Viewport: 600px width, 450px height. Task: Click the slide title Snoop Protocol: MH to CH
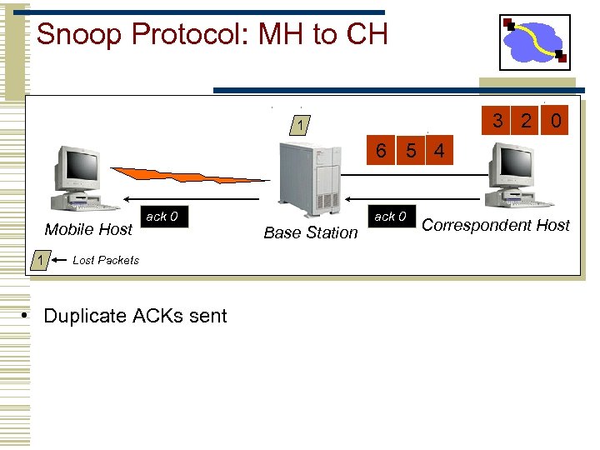tap(212, 35)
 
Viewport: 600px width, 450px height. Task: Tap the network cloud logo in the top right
tap(534, 42)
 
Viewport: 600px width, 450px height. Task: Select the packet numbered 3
tap(497, 121)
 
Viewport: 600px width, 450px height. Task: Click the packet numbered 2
tap(526, 121)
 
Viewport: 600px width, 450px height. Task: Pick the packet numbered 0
tap(556, 121)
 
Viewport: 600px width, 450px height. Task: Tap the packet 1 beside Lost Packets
tap(38, 260)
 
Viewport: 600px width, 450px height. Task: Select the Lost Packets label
tap(106, 260)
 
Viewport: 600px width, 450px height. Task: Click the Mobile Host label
tap(88, 229)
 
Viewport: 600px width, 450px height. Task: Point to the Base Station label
tap(310, 232)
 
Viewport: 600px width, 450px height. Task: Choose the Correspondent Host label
tap(496, 225)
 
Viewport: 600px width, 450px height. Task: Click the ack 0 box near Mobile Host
tap(162, 217)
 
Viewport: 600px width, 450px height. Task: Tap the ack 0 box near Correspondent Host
tap(390, 217)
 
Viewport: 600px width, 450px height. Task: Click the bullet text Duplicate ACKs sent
tap(134, 316)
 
